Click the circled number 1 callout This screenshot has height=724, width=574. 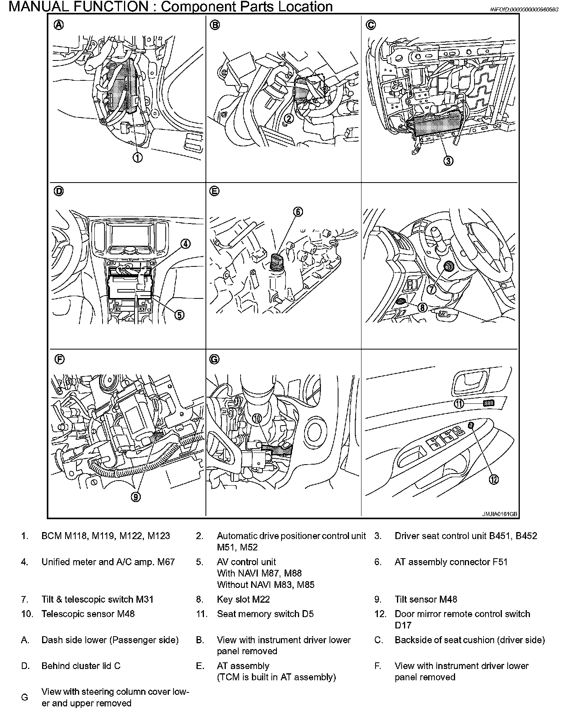(138, 158)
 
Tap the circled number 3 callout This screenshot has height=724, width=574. (448, 160)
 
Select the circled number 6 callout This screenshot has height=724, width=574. (298, 211)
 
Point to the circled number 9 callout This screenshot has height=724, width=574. (136, 497)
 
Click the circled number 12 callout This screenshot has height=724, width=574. (494, 480)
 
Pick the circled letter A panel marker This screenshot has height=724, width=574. (58, 25)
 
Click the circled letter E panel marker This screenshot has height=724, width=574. (214, 191)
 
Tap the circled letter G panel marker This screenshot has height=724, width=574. (214, 359)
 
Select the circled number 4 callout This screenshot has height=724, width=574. (186, 244)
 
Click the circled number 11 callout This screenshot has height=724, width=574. (459, 404)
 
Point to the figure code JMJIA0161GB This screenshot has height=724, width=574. (500, 514)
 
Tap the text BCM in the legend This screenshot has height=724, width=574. (51, 536)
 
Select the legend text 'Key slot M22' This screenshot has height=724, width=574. (243, 599)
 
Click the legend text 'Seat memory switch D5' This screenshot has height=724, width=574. (265, 614)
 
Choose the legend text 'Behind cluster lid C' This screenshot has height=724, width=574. (81, 666)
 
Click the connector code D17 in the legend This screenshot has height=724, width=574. (403, 625)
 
